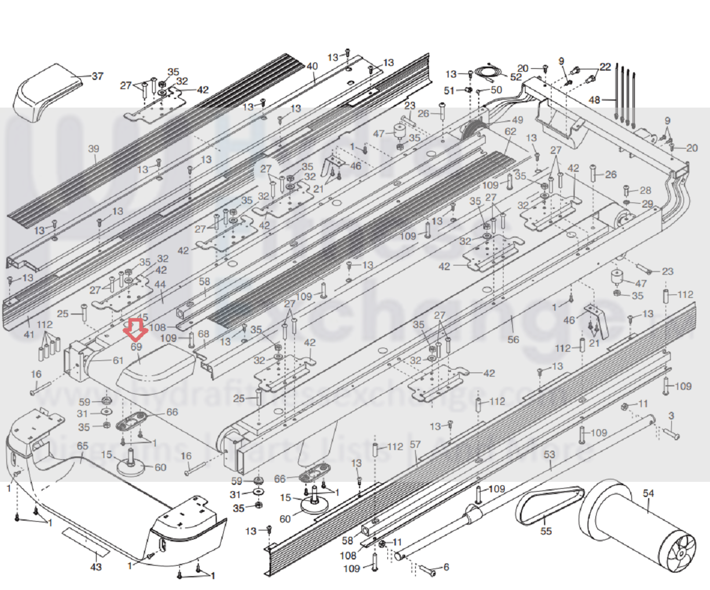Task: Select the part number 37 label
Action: click(x=97, y=76)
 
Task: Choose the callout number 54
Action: click(x=648, y=493)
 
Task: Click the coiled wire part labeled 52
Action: click(x=490, y=72)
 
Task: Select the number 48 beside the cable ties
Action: click(x=595, y=100)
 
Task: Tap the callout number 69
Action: click(x=137, y=346)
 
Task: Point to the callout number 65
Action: click(x=82, y=446)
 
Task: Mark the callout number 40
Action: click(x=312, y=67)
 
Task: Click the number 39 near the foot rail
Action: click(x=94, y=149)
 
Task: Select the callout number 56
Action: click(x=513, y=339)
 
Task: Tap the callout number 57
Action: click(x=415, y=444)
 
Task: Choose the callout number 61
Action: click(x=118, y=360)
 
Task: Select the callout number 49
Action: click(x=516, y=120)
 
